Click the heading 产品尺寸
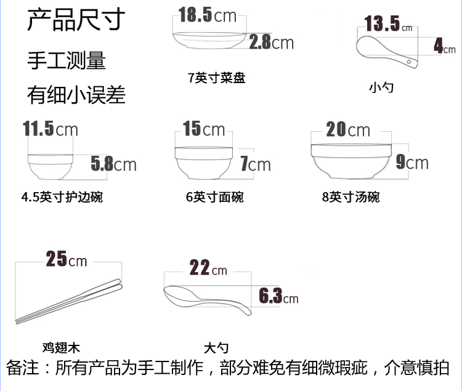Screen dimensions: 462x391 (76, 20)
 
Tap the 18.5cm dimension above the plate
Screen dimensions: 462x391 (208, 15)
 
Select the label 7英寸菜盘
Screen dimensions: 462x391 (217, 78)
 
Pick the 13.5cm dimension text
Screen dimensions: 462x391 (389, 25)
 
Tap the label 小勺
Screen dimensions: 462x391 (381, 87)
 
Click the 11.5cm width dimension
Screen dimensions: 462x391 (51, 129)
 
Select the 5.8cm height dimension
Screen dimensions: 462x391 (113, 164)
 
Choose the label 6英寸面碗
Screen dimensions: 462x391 (214, 197)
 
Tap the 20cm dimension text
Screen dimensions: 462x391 (348, 130)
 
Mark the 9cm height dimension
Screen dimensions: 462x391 (411, 163)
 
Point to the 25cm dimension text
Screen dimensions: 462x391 (67, 260)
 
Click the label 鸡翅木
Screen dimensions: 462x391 (62, 348)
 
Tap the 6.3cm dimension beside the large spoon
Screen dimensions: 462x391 (278, 297)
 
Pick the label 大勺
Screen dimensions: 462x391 (216, 348)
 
